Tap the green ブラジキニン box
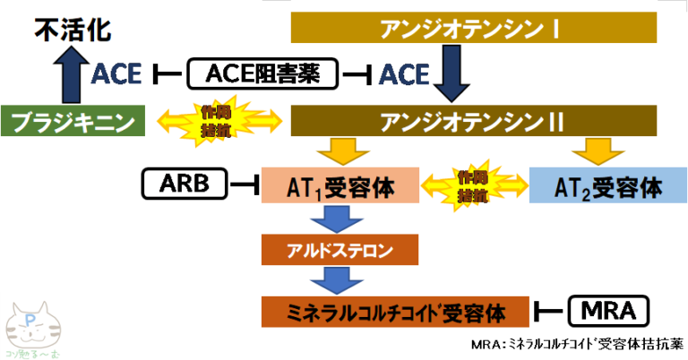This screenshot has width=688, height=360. pyautogui.click(x=73, y=121)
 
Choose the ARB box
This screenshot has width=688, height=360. pyautogui.click(x=185, y=184)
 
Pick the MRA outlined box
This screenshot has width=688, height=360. pyautogui.click(x=607, y=311)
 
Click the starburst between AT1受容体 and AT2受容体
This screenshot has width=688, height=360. pyautogui.click(x=474, y=185)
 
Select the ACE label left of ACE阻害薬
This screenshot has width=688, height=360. pyautogui.click(x=116, y=74)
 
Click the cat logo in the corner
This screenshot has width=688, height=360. pyautogui.click(x=31, y=330)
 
